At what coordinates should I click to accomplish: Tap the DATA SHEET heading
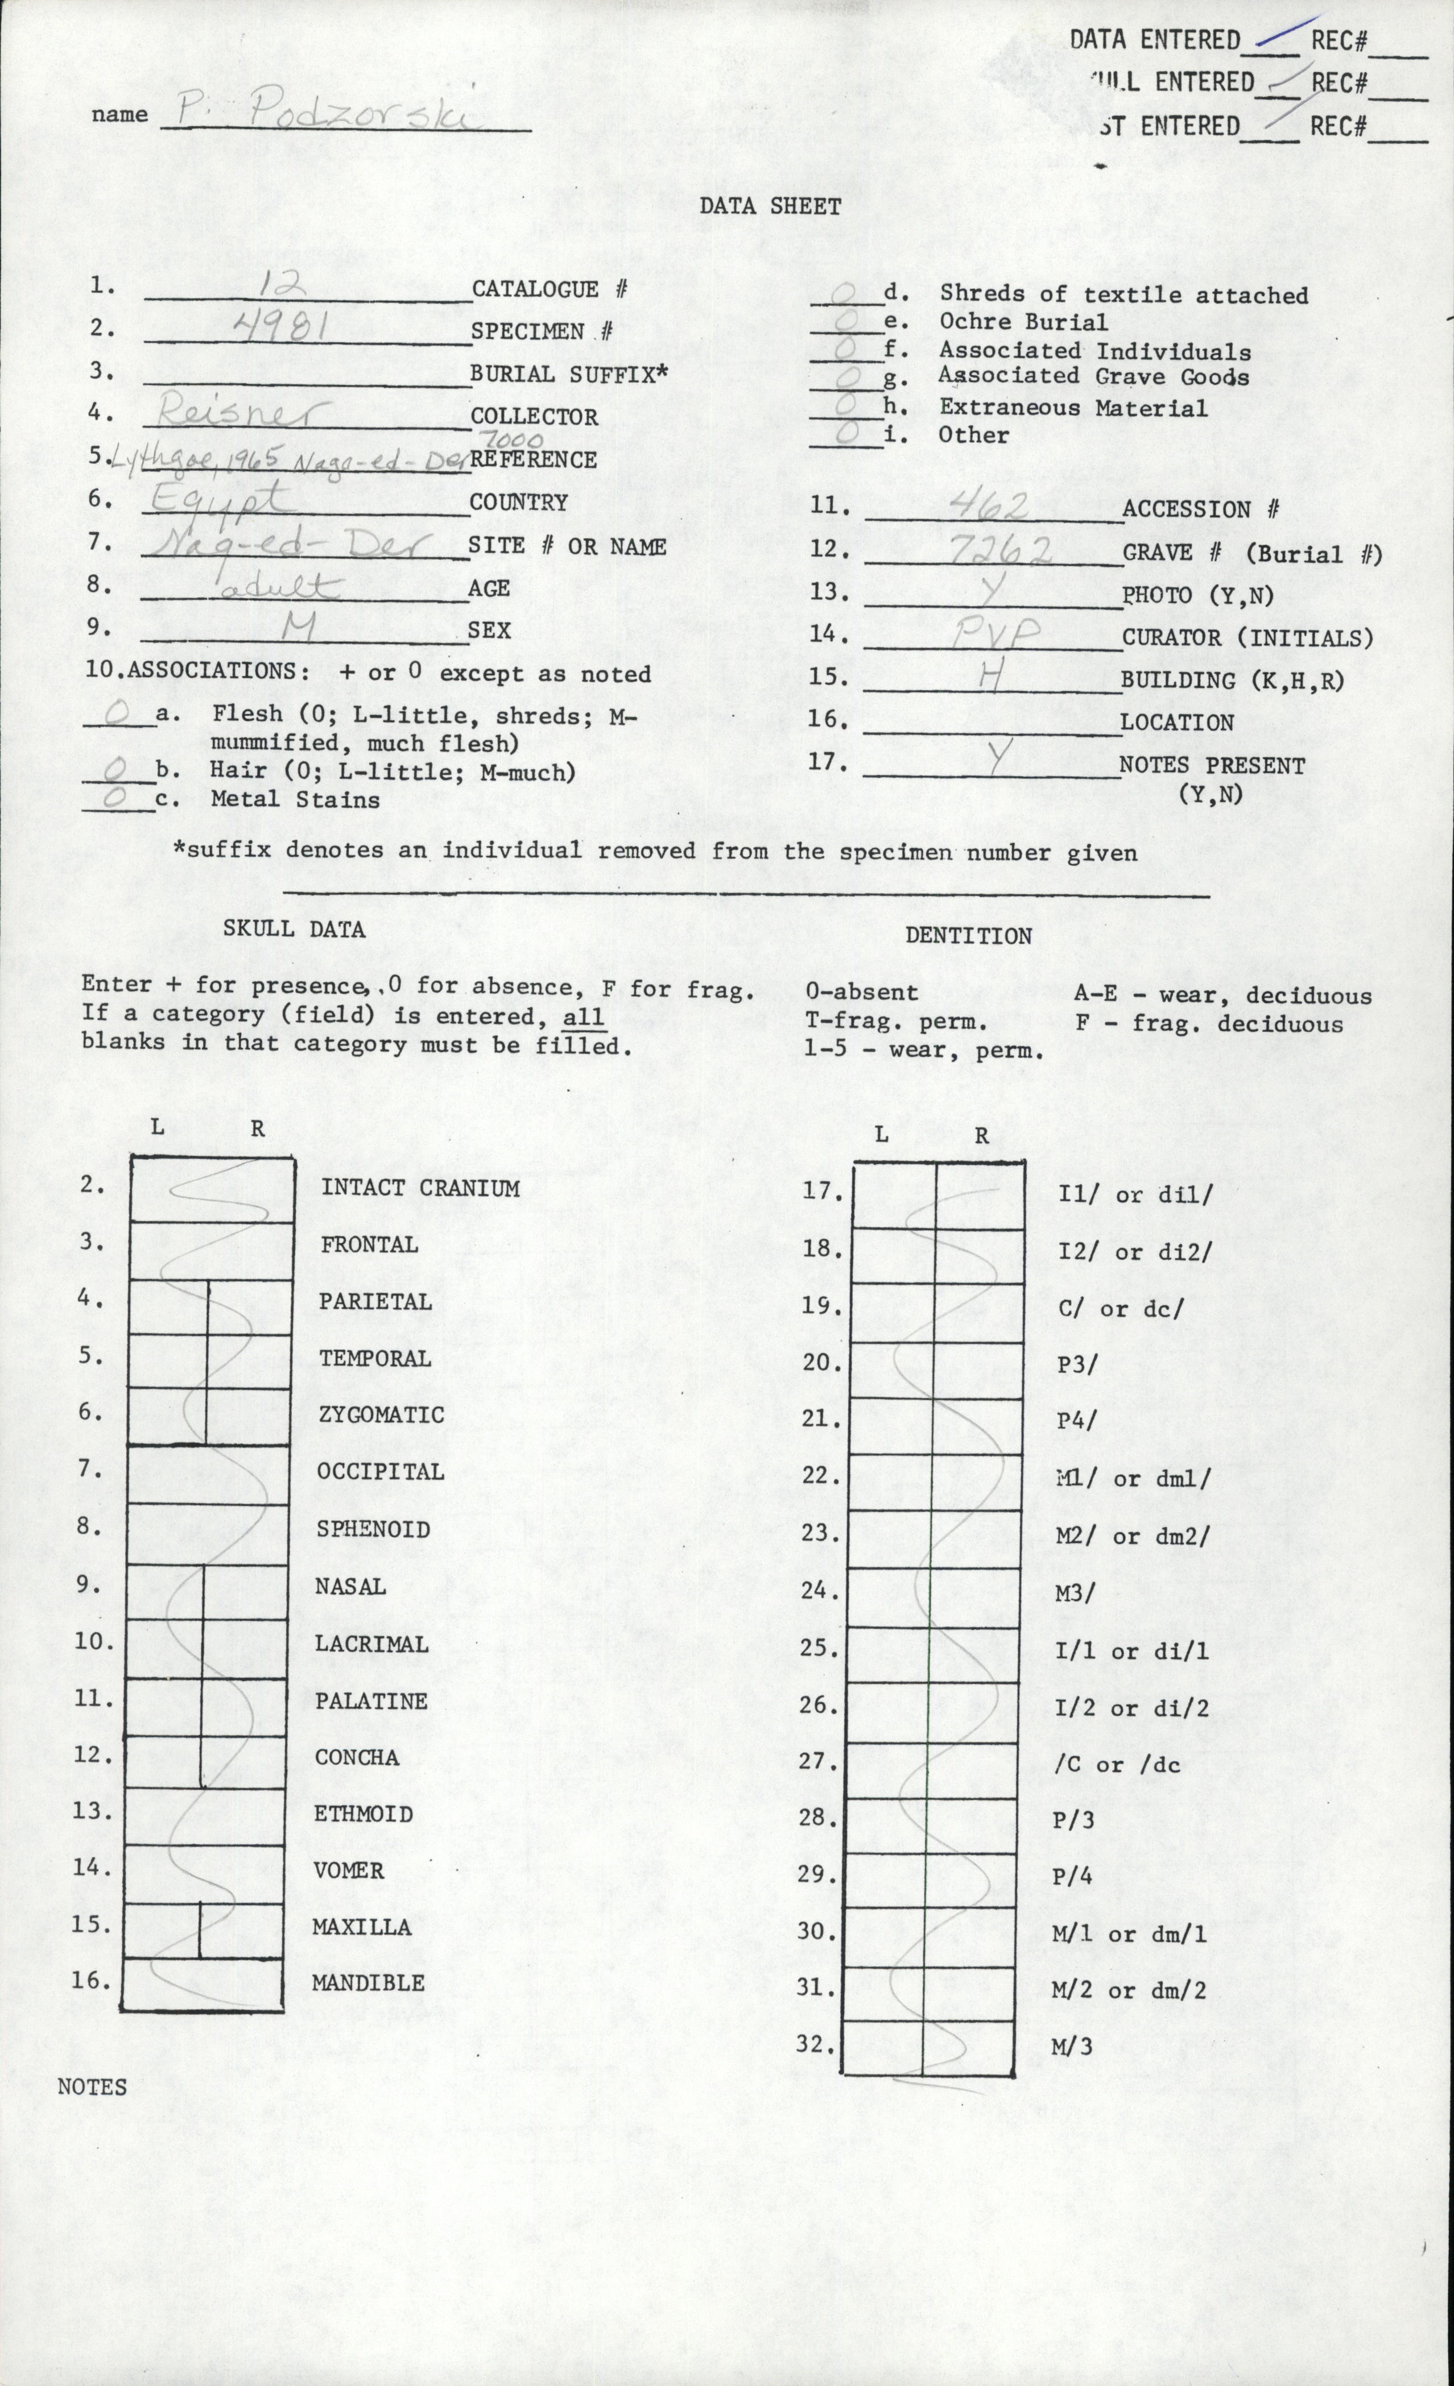(770, 206)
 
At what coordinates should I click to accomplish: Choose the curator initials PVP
(995, 635)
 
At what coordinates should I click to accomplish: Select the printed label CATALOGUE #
(550, 289)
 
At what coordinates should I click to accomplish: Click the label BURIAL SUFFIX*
(569, 375)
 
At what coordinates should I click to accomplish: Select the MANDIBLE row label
(368, 1982)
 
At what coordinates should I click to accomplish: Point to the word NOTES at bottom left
(92, 2088)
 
